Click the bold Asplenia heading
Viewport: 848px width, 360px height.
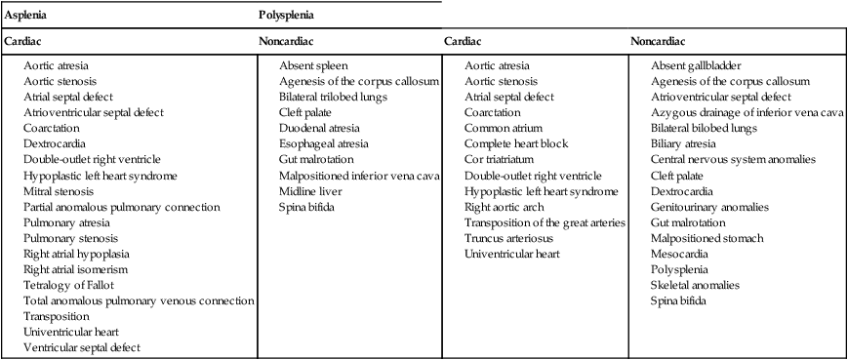(26, 17)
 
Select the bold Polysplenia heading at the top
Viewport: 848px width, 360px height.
(286, 17)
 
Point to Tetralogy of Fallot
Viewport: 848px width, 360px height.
(70, 285)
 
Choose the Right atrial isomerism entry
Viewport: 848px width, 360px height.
(76, 269)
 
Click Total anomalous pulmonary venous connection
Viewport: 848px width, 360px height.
(138, 300)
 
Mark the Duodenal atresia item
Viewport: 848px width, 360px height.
(319, 129)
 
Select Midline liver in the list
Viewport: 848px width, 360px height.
(311, 191)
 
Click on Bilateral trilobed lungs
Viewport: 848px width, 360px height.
(333, 98)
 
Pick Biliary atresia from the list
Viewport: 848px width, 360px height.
(686, 144)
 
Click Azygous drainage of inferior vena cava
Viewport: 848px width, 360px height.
(747, 113)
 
